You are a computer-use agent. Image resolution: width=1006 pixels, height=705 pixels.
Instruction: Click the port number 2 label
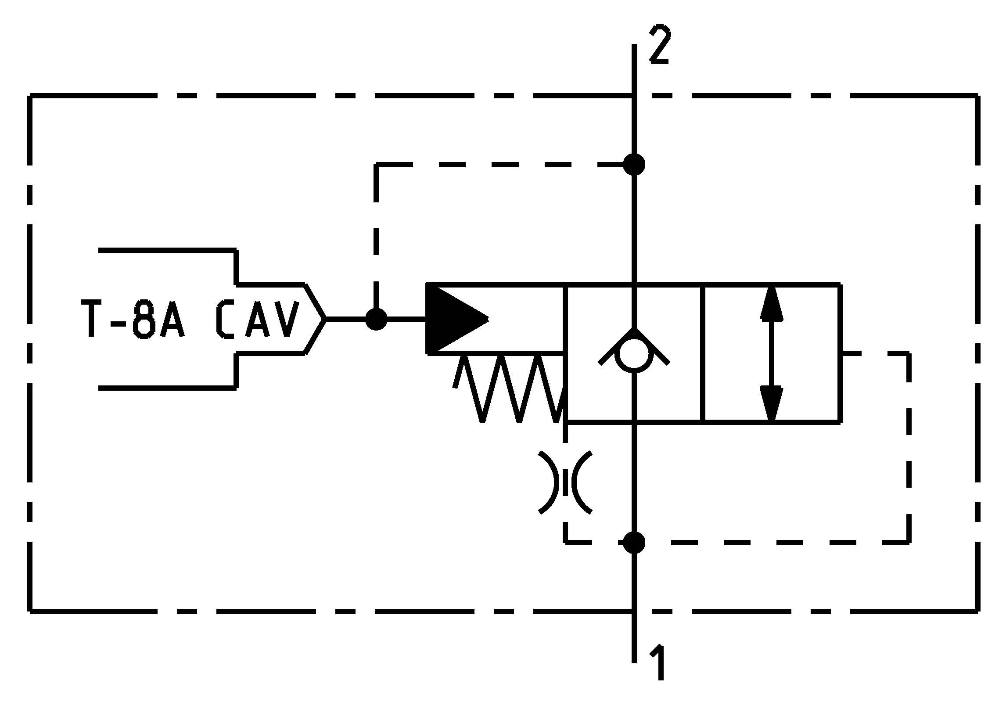coord(659,45)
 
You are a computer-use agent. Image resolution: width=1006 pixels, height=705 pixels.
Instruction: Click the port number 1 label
coord(658,662)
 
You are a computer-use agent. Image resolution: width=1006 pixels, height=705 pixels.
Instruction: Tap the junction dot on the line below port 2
coord(634,165)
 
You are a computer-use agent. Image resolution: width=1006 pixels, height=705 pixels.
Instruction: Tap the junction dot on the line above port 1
coord(634,543)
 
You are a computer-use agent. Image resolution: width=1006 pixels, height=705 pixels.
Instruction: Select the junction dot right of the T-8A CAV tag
coord(376,319)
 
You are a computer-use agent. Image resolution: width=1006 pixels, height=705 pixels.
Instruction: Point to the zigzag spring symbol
coord(509,388)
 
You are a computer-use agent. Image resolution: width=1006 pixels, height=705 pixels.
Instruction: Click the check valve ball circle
coord(634,356)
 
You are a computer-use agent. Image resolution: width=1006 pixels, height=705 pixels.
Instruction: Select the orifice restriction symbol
coord(565,482)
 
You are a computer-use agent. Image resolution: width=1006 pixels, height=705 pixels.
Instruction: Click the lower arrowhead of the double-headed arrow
coord(771,403)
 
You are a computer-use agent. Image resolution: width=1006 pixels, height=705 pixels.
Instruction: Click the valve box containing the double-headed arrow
coord(772,353)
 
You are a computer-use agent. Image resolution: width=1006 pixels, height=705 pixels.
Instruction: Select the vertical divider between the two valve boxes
coord(703,353)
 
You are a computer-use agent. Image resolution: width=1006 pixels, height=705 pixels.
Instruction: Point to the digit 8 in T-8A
coord(145,319)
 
